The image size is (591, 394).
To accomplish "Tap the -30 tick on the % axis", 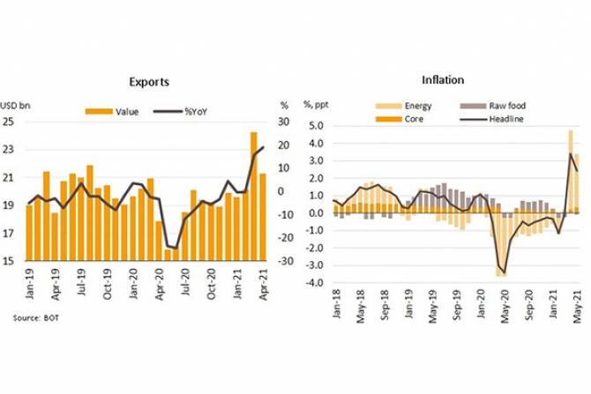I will [285, 262].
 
